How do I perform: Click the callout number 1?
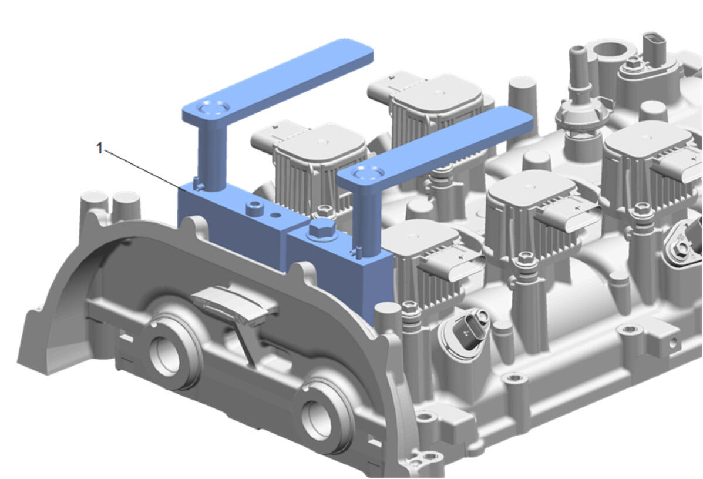click(99, 148)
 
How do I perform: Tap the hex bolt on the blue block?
click(322, 229)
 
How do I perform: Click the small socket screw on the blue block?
click(255, 207)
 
